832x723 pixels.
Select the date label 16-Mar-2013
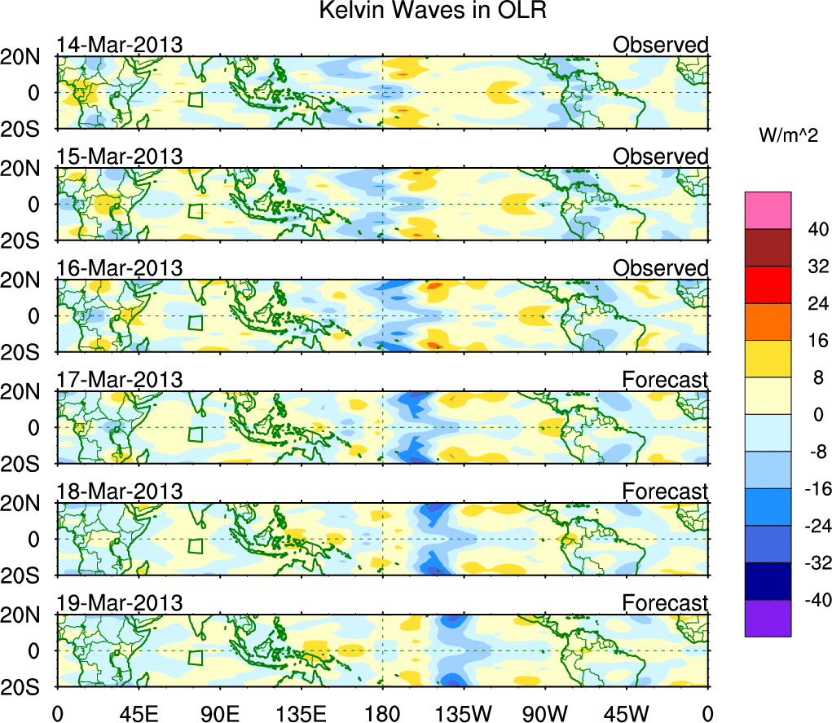pyautogui.click(x=119, y=268)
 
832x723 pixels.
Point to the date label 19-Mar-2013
pyautogui.click(x=119, y=603)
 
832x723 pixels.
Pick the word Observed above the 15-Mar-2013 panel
pyautogui.click(x=660, y=157)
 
